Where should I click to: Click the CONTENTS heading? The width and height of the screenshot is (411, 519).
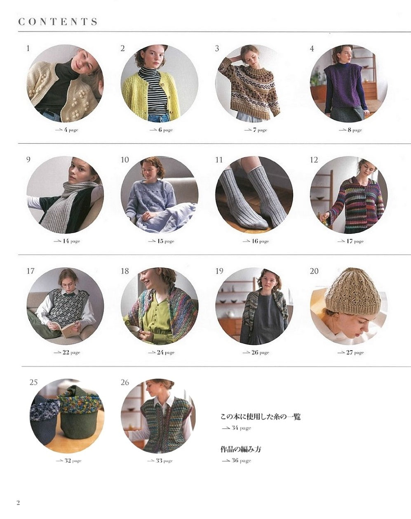(x=58, y=21)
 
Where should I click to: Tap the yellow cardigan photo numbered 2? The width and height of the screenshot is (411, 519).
(x=160, y=83)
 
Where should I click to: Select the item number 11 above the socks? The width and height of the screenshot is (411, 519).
(x=219, y=160)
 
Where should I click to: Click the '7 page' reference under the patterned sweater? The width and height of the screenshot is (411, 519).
(x=256, y=130)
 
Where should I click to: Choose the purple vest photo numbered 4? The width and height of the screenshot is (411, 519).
(x=349, y=83)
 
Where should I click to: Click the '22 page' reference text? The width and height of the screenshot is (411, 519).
(x=67, y=352)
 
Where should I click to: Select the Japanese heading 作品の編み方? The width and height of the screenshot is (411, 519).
(x=241, y=449)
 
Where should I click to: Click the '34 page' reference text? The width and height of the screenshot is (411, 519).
(x=237, y=428)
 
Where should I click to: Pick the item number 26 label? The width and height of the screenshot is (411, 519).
(x=125, y=382)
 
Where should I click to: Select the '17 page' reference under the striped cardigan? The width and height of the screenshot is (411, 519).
(x=350, y=241)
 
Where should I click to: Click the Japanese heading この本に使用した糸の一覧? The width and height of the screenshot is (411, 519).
(x=261, y=417)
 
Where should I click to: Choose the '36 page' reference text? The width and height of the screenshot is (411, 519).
(x=237, y=460)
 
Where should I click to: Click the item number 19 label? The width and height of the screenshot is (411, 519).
(x=219, y=271)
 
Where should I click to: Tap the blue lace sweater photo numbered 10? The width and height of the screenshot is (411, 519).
(x=160, y=195)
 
